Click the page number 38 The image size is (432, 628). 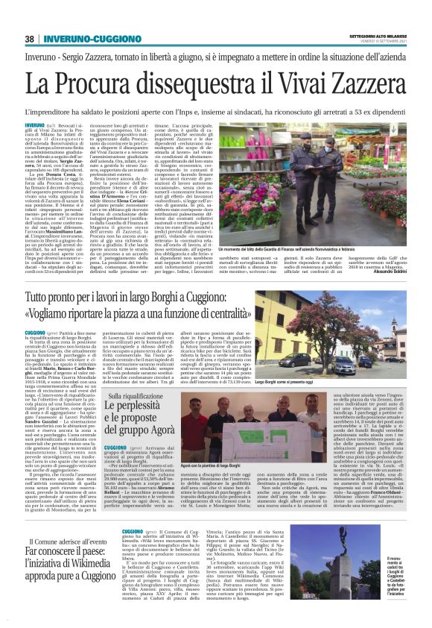[x=30, y=39]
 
